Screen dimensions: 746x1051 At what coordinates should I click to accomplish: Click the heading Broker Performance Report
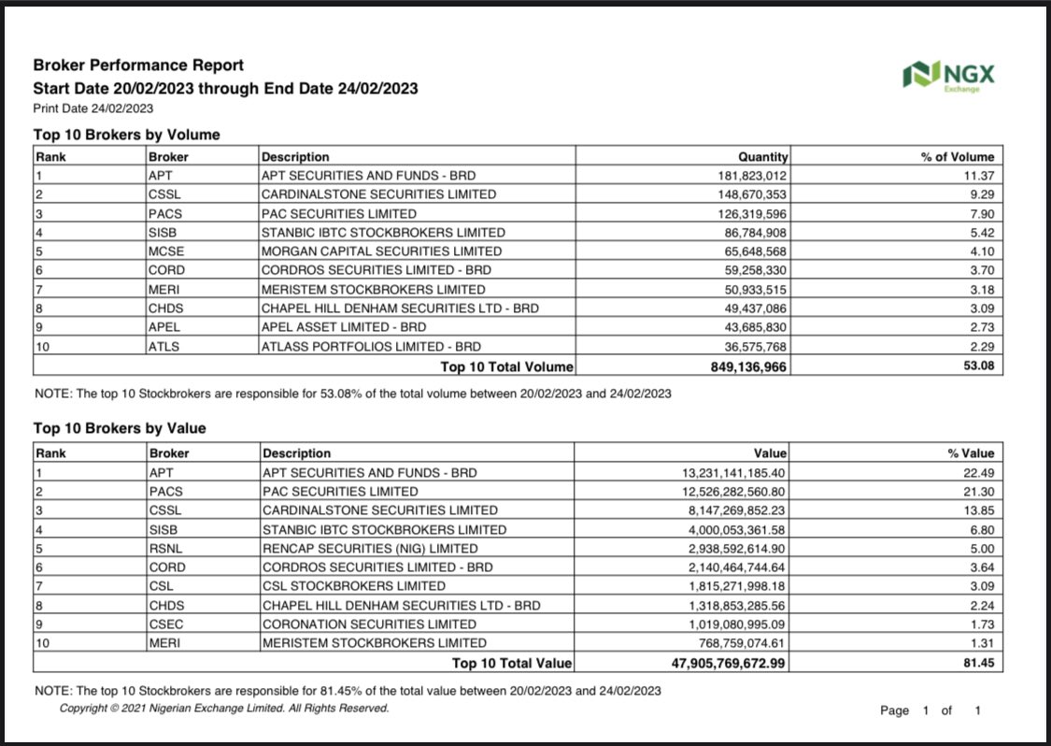click(x=138, y=65)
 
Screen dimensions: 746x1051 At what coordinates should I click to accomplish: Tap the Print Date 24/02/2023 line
click(x=93, y=108)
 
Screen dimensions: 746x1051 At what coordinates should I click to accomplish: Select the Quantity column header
click(x=763, y=157)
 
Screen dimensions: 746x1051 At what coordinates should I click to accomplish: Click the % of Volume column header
click(x=958, y=157)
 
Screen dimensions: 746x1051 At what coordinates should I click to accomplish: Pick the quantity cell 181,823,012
click(x=750, y=176)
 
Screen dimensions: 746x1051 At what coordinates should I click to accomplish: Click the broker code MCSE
click(x=166, y=251)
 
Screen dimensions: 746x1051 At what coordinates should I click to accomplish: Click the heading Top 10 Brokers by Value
click(x=120, y=428)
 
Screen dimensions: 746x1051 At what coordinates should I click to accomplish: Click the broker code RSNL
click(x=165, y=549)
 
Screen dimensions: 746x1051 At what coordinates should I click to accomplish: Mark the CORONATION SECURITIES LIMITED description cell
click(x=369, y=624)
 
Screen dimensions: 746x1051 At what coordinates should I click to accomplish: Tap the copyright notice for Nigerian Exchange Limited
click(x=224, y=709)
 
